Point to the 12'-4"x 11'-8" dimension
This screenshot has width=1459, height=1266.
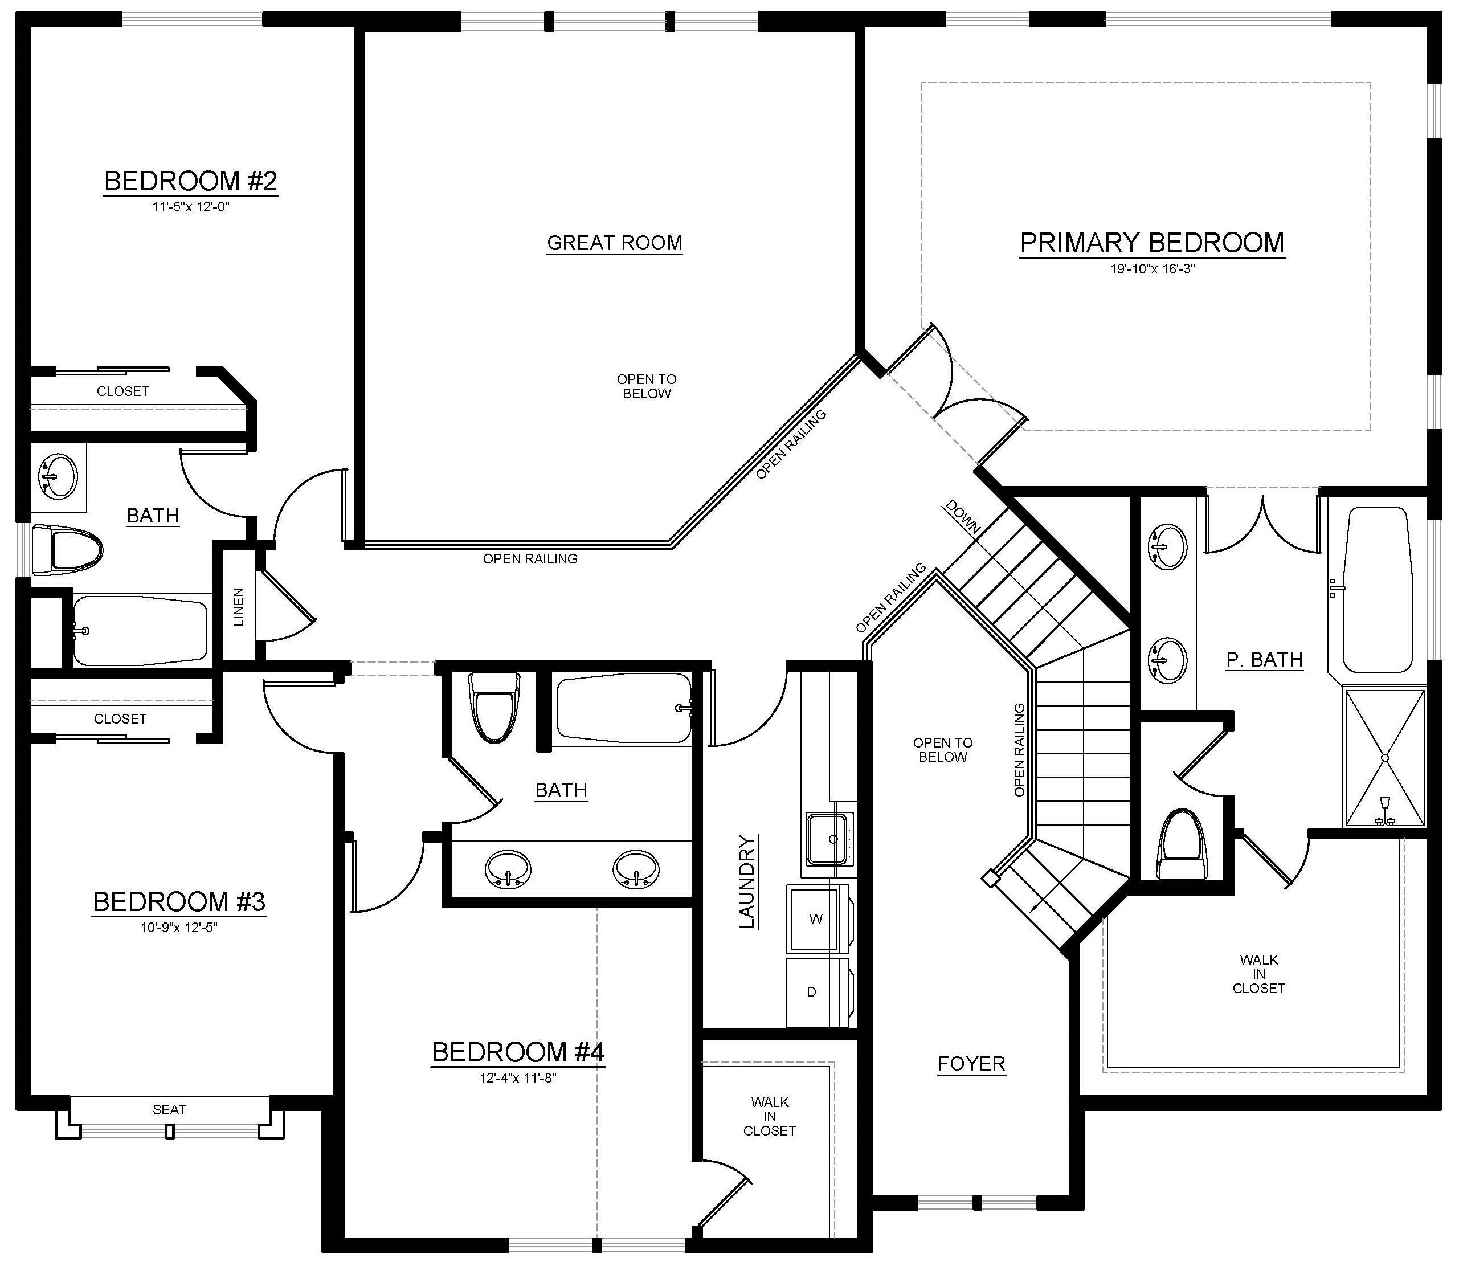tap(518, 1078)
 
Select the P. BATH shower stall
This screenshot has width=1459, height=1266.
tap(1385, 757)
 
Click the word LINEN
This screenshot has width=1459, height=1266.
tap(239, 607)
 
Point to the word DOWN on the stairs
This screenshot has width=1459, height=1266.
tap(962, 517)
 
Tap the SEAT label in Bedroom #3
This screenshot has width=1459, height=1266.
tap(170, 1110)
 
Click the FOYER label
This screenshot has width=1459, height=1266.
tap(971, 1064)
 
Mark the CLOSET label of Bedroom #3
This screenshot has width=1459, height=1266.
tap(120, 719)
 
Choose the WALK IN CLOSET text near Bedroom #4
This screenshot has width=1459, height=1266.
tap(770, 1116)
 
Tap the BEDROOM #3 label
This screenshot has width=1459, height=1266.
tap(179, 901)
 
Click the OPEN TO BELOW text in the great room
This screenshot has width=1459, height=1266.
tap(647, 386)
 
